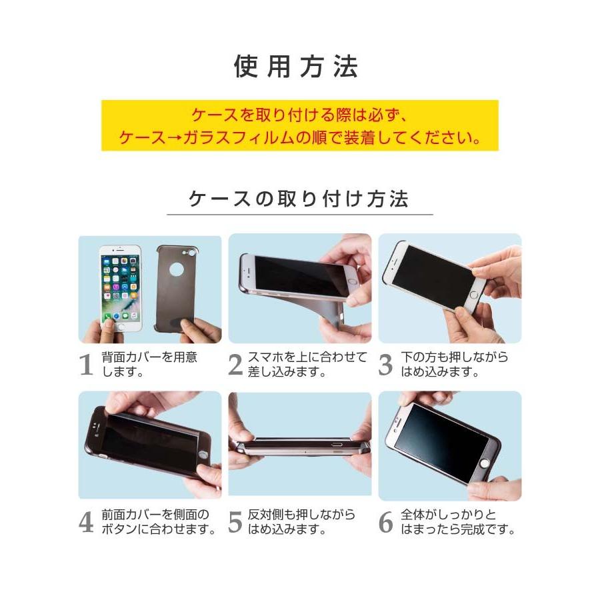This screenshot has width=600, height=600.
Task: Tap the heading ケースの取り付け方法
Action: pos(299,199)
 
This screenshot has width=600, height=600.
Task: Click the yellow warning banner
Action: pos(299,125)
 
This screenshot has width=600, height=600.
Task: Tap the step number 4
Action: pos(86,523)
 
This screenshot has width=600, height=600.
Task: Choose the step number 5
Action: pos(235,523)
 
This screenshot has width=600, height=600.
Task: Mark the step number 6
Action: pos(385,523)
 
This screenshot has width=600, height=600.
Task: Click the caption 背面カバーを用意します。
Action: pos(149,365)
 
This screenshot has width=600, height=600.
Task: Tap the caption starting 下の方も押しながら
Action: pos(454,365)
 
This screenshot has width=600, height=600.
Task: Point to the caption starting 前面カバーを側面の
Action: pos(159,522)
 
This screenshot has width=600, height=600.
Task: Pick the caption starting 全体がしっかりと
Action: pos(457,522)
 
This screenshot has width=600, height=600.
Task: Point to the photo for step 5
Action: pos(299,443)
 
